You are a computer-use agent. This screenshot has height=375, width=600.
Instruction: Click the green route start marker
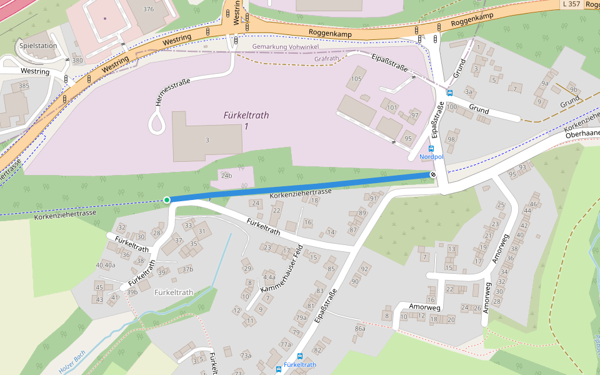click(x=166, y=200)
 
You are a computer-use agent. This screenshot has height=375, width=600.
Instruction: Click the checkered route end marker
click(x=432, y=174)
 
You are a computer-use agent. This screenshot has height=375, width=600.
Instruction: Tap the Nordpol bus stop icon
click(x=431, y=149)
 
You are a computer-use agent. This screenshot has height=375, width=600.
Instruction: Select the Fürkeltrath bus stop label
click(x=299, y=365)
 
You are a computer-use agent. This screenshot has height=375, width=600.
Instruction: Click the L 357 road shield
click(x=571, y=4)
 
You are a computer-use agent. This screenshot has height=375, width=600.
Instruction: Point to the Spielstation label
click(x=38, y=46)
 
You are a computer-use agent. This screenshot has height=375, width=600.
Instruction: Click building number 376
click(x=148, y=9)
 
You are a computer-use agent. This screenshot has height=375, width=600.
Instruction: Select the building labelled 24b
click(x=226, y=175)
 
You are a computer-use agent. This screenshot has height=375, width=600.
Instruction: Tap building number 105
click(x=356, y=79)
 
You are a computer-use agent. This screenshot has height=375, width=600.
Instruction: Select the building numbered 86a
click(x=359, y=328)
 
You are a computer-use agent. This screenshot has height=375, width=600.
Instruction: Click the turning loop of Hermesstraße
click(x=156, y=123)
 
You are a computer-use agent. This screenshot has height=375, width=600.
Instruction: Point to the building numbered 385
click(x=24, y=86)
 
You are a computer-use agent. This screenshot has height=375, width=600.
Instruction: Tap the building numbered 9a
click(x=544, y=83)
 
